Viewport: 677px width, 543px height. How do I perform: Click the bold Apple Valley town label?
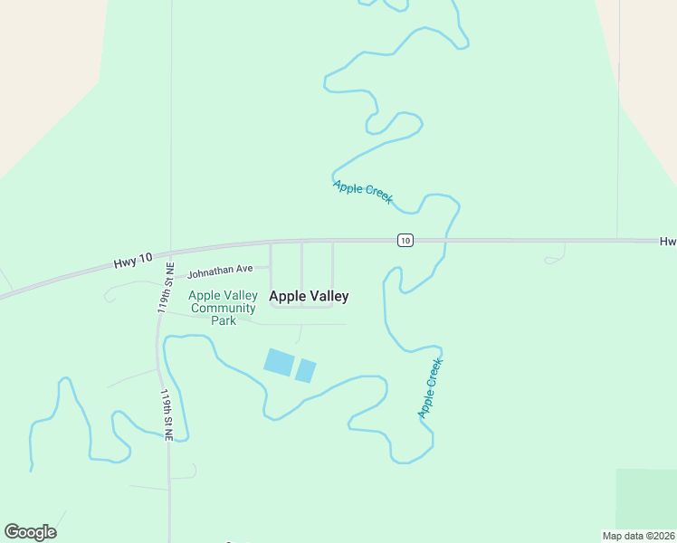(x=309, y=296)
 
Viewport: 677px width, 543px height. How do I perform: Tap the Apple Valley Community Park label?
(x=223, y=308)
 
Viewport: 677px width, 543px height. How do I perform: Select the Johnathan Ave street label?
(x=220, y=271)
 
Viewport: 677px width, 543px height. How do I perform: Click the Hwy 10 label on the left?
(x=129, y=262)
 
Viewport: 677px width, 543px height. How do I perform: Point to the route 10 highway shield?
(x=405, y=240)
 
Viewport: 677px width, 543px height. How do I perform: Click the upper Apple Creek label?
(x=362, y=192)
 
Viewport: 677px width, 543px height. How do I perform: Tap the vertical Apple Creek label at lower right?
(x=430, y=388)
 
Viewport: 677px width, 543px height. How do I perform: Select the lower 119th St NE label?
(x=167, y=415)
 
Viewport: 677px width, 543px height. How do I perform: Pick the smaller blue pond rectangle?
(x=306, y=370)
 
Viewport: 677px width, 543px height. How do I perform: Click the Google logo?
(x=30, y=532)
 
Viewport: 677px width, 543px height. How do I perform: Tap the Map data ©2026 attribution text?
(x=638, y=535)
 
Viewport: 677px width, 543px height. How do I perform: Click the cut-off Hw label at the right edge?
(x=668, y=242)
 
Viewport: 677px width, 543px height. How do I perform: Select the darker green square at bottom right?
(x=646, y=498)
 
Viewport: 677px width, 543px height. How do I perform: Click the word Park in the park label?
(x=223, y=320)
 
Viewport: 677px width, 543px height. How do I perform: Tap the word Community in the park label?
(x=223, y=309)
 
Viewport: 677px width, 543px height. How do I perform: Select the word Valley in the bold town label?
(x=329, y=296)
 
